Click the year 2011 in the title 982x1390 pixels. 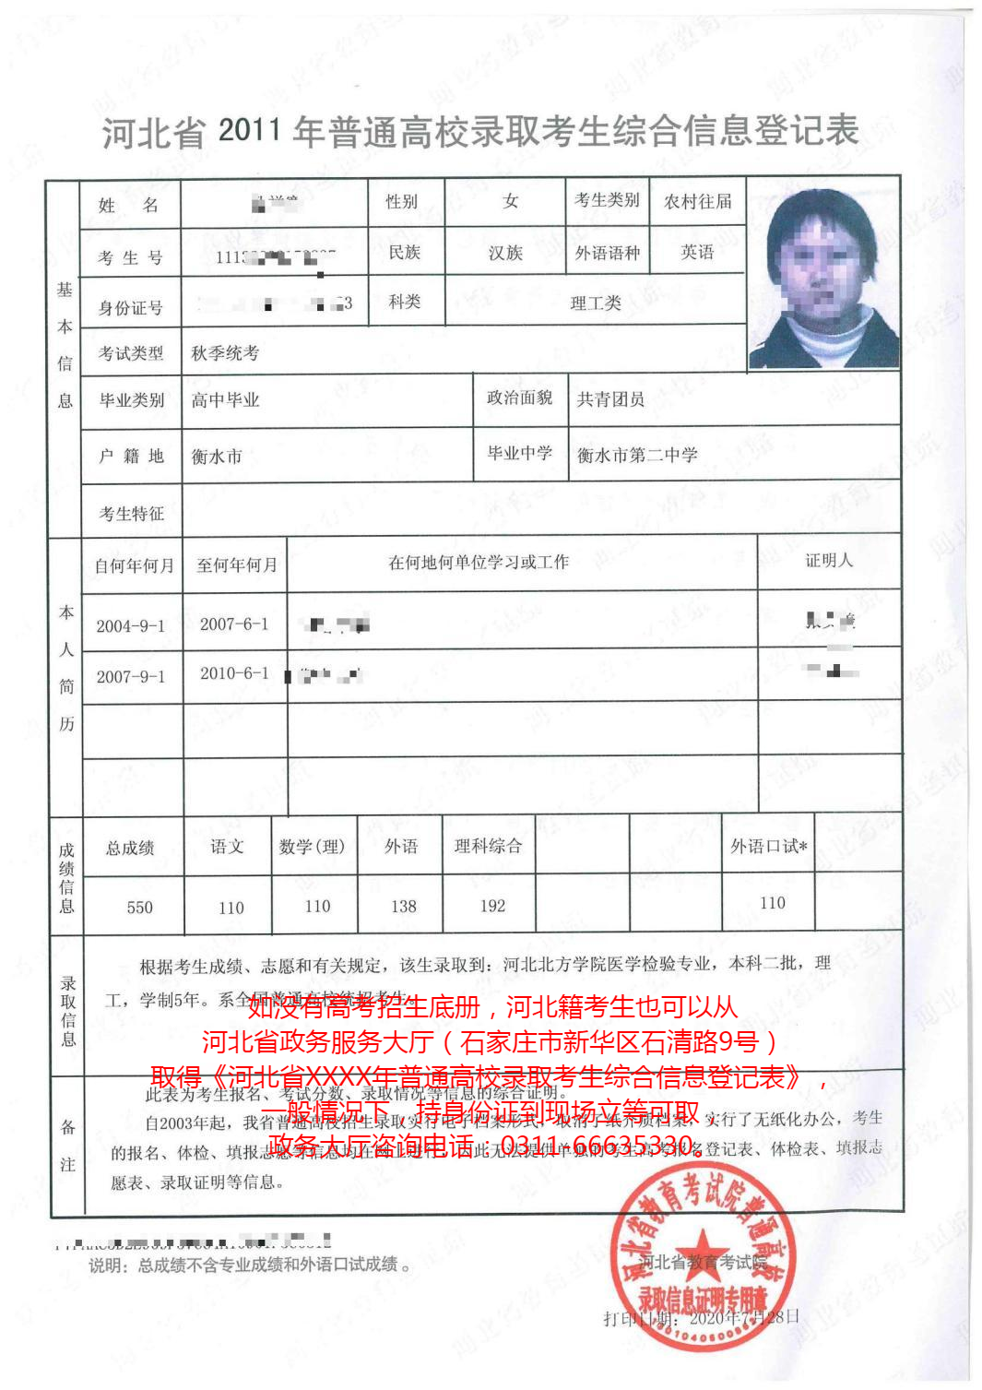click(x=249, y=130)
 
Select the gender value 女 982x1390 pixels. click(x=510, y=201)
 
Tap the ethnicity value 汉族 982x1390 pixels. click(x=505, y=253)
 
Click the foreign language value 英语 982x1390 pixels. click(x=697, y=252)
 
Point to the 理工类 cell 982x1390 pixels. click(x=595, y=303)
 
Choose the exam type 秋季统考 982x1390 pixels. click(x=225, y=353)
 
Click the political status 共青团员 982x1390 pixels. click(x=610, y=399)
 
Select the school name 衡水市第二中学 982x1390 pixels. click(x=637, y=455)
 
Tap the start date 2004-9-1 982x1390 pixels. click(x=131, y=626)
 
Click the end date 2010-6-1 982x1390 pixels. click(x=234, y=673)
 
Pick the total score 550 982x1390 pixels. click(x=140, y=908)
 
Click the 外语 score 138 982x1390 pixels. click(x=404, y=907)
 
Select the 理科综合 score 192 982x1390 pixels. click(x=492, y=906)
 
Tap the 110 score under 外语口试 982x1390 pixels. click(x=773, y=903)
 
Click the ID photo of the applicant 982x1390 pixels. click(x=822, y=275)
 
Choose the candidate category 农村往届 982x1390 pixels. click(x=698, y=201)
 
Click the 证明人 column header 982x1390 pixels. click(x=829, y=561)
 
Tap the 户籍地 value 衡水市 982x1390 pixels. click(x=217, y=457)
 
